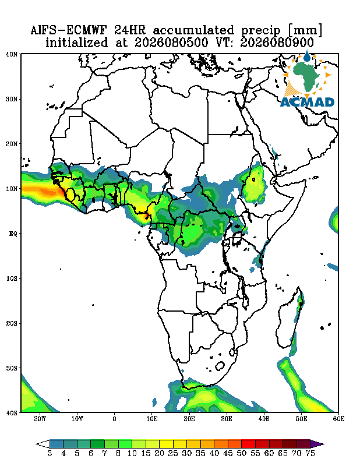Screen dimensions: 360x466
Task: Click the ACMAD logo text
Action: click(x=307, y=103)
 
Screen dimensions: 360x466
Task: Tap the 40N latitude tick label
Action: click(x=12, y=54)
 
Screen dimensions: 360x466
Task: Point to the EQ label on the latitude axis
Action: click(x=13, y=234)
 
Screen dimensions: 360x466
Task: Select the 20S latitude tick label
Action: click(x=12, y=323)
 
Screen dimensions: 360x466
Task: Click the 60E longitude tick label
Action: click(x=338, y=419)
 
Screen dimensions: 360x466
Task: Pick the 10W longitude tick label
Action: click(x=77, y=419)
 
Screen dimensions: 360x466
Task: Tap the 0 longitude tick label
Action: click(x=114, y=419)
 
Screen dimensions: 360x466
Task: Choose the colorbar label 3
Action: click(x=50, y=454)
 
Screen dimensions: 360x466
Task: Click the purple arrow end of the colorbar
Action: click(x=317, y=444)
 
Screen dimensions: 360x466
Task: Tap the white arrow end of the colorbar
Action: click(x=43, y=444)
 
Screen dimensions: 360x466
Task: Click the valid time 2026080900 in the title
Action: click(x=277, y=43)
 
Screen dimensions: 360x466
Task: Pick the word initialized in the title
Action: click(x=76, y=43)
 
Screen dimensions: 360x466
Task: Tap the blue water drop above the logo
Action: click(x=306, y=56)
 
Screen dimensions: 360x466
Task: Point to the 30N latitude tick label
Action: click(x=12, y=99)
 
